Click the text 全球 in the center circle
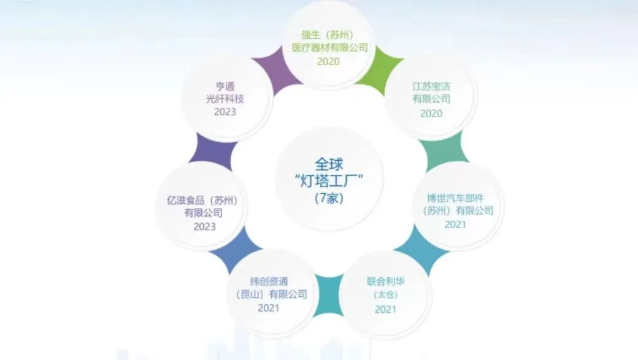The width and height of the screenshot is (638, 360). coord(329,164)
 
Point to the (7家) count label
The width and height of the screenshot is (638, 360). coord(329,199)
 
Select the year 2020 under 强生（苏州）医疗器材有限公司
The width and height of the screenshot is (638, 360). coord(328,61)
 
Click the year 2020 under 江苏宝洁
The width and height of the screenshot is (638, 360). coord(431,113)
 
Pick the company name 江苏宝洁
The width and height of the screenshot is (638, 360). coord(431,86)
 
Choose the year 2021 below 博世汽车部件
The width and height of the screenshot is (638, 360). coord(455,224)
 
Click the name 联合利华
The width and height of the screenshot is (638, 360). coord(386,281)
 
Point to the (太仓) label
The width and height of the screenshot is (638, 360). coord(386,295)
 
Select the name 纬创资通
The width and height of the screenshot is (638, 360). coord(268,281)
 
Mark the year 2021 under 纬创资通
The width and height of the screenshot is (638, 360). coord(268,308)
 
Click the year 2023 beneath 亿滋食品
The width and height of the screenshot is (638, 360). coord(204,226)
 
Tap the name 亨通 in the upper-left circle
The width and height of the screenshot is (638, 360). coord(225,86)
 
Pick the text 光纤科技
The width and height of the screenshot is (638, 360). coord(225,99)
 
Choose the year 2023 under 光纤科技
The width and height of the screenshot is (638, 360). coord(225,113)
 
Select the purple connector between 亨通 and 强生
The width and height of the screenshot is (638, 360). coord(271,71)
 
